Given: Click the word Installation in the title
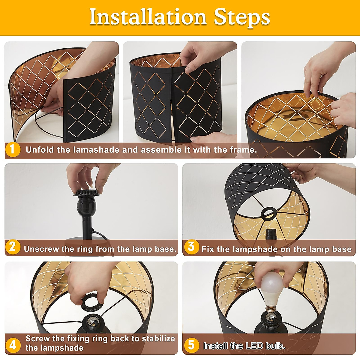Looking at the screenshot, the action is coord(148,17).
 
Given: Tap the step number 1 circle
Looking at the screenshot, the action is coord(13,150).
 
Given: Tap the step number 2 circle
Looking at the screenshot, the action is coord(13,247).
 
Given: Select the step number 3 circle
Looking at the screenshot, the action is coord(191,247).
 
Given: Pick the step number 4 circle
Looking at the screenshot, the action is coord(13,346).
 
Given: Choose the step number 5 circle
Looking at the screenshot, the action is coord(191,345).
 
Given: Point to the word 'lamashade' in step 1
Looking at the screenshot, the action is coord(96,150).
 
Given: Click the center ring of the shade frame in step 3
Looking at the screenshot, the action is coord(269,214).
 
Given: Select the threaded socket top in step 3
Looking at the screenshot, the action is coord(271,234).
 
